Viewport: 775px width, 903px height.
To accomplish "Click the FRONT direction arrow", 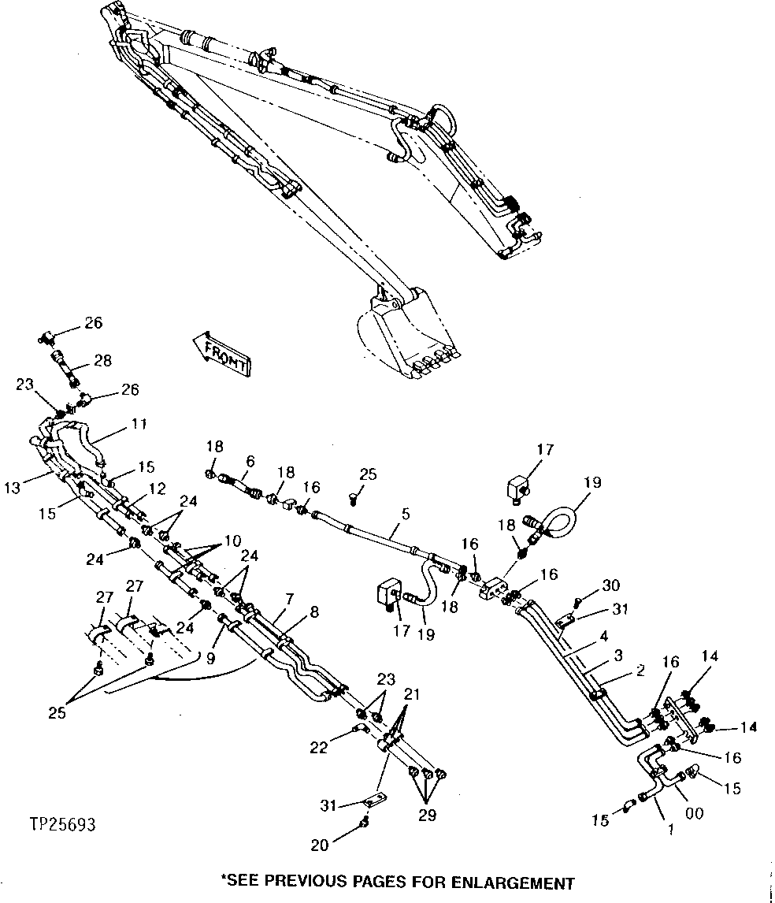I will [221, 352].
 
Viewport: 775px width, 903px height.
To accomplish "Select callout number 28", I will [102, 361].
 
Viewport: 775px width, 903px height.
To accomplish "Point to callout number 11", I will [139, 424].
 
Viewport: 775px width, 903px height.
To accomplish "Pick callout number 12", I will [157, 489].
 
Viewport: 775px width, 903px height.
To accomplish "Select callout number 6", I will [250, 462].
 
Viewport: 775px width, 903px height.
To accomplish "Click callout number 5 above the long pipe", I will [405, 513].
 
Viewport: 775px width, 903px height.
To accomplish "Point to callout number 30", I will [611, 585].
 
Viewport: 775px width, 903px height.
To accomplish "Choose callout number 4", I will [603, 635].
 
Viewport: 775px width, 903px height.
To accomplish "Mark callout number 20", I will [319, 845].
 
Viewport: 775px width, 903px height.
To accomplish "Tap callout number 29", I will [426, 816].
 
